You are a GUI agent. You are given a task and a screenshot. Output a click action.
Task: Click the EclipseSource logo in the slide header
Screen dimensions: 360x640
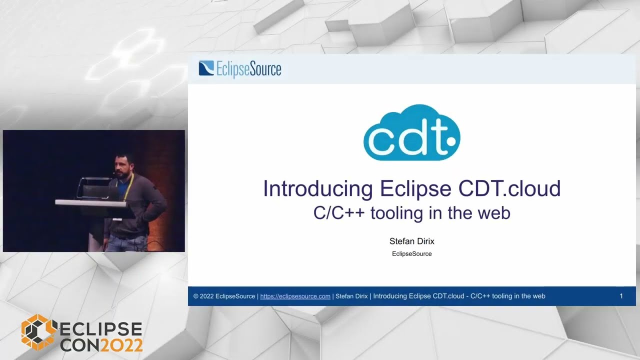pos(240,69)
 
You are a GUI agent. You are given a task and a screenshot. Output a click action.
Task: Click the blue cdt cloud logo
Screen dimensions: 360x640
pos(411,133)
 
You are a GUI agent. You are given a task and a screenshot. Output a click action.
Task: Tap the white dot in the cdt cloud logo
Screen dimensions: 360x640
pos(451,141)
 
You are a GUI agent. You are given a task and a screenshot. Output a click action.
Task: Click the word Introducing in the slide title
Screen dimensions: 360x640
pos(318,189)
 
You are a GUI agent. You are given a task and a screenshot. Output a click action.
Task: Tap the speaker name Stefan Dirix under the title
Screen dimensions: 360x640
pos(411,241)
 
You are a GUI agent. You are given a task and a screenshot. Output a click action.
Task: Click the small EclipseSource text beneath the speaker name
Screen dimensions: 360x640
pos(411,253)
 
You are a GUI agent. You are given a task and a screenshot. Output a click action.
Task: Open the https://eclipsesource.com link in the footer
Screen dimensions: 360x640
pos(295,296)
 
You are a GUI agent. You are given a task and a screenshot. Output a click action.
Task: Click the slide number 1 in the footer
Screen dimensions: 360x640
pos(621,296)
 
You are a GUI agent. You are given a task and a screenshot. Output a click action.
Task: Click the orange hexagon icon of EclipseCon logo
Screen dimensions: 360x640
pos(38,332)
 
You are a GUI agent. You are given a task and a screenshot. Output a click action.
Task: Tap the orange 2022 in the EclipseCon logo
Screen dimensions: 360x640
pos(122,344)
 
